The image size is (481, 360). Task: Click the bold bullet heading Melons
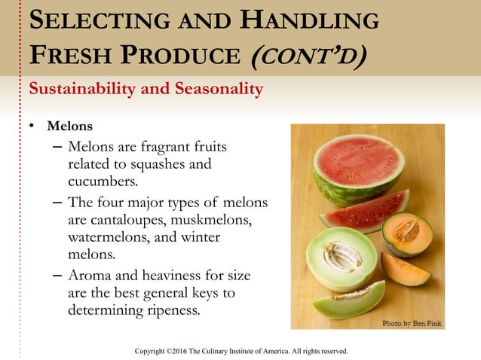pyautogui.click(x=71, y=126)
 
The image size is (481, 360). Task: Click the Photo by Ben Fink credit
pyautogui.click(x=412, y=323)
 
